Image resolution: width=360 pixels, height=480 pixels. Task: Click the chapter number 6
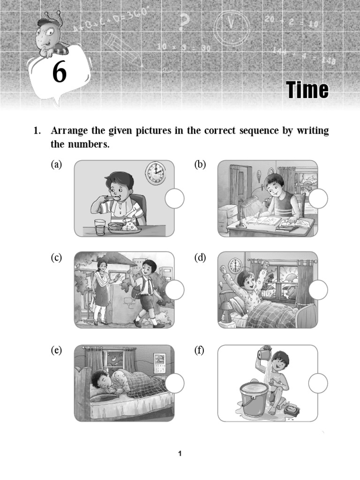(x=59, y=73)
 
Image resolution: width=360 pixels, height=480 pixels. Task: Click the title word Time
(x=307, y=90)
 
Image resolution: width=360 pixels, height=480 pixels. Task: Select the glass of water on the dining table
(x=100, y=227)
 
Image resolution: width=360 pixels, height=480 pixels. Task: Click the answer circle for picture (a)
(x=174, y=199)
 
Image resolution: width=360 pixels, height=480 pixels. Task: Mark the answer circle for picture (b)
(x=318, y=199)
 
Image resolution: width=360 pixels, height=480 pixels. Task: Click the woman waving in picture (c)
(x=102, y=291)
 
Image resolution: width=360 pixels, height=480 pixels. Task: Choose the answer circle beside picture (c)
(x=174, y=290)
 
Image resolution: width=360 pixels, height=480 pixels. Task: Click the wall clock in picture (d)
(x=235, y=266)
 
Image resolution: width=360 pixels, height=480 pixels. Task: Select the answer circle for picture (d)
(x=318, y=290)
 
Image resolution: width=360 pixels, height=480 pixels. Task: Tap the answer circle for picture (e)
(x=174, y=383)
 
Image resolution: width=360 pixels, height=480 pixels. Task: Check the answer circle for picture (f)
(x=318, y=383)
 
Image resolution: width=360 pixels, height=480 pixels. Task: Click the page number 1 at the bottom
(x=180, y=453)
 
